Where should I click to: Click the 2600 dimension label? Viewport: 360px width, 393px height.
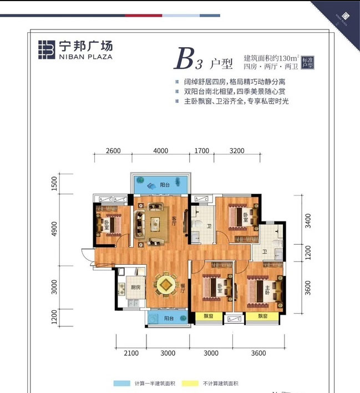[113, 150]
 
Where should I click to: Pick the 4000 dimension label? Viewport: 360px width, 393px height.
[160, 150]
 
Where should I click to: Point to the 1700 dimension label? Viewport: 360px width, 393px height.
[202, 150]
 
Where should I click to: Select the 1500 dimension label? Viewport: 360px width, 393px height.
[54, 183]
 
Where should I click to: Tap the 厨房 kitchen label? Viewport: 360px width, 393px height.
[135, 288]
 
